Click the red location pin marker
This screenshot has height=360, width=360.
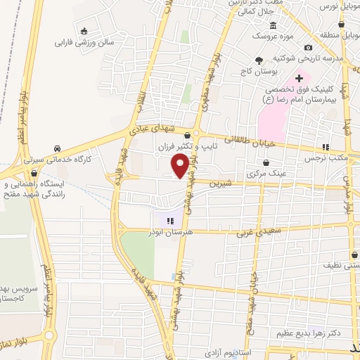[181, 166]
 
